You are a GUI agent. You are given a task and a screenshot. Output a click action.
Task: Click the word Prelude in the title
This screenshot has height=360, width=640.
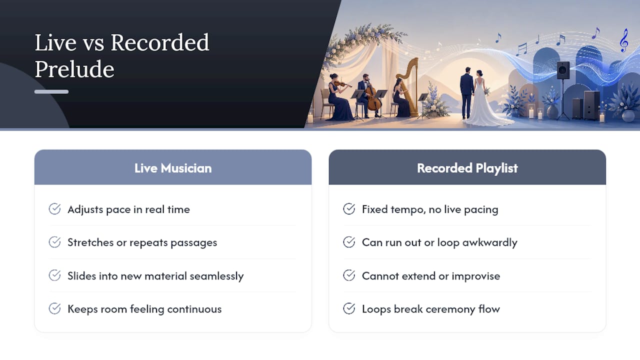tap(74, 69)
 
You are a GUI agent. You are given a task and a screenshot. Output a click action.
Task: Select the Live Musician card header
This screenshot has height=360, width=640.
tap(173, 167)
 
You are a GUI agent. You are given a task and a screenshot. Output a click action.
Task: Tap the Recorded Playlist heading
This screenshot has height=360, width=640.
tap(467, 168)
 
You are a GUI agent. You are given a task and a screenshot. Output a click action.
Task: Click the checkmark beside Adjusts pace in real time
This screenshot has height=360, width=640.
tap(54, 209)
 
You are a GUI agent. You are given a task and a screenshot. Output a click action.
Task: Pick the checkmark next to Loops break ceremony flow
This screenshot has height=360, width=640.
tap(349, 308)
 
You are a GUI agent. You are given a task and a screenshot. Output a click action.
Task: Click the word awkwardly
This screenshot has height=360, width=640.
tap(489, 242)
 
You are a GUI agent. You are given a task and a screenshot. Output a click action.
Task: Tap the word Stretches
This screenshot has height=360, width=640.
tap(90, 242)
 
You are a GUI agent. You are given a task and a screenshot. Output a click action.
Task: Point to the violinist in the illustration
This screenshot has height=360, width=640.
tap(339, 97)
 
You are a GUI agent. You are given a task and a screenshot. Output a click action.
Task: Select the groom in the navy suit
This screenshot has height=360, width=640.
tap(467, 93)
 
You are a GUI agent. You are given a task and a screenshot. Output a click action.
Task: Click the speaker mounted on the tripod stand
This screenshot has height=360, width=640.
tap(563, 70)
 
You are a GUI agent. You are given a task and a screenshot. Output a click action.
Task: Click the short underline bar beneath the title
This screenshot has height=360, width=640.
tap(51, 91)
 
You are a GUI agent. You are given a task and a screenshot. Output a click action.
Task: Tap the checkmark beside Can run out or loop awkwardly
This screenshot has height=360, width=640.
tap(349, 242)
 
